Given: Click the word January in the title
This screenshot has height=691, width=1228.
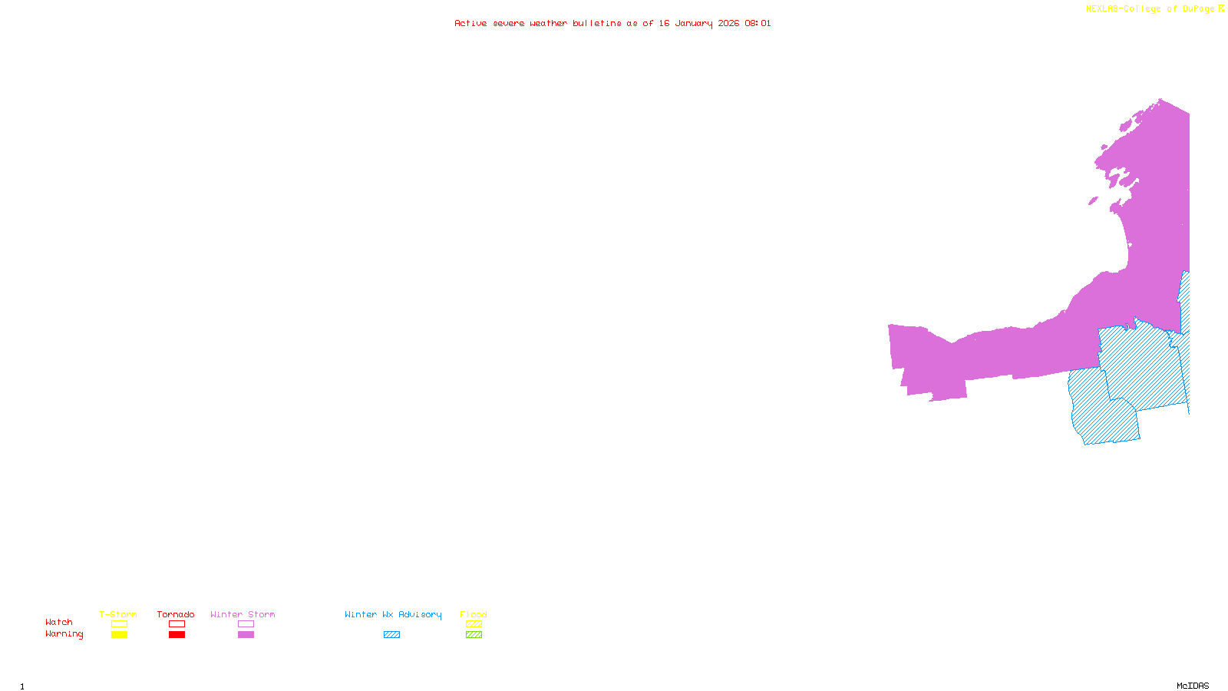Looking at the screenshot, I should click(694, 24).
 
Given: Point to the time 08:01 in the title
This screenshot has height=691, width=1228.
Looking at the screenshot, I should click(758, 24).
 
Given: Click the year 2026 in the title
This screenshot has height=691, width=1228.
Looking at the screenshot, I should click(728, 24).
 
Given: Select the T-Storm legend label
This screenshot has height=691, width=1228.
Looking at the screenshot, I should click(118, 614).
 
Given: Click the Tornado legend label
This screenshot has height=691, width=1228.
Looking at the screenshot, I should click(176, 614).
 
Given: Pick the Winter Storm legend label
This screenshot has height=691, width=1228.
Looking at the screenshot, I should click(243, 614).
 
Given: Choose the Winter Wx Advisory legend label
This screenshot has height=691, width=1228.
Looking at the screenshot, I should click(393, 614).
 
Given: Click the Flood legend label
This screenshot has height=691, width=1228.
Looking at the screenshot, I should click(474, 614).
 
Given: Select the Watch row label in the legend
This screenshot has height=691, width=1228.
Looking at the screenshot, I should click(59, 622).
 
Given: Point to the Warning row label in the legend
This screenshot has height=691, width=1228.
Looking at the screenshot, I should click(64, 634).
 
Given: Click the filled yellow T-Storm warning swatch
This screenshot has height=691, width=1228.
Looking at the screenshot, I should click(119, 635).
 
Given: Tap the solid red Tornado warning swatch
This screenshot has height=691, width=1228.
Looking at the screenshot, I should click(177, 635).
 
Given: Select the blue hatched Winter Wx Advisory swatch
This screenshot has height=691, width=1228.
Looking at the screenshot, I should click(391, 635).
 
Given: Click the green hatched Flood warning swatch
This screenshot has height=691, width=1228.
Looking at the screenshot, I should click(474, 635).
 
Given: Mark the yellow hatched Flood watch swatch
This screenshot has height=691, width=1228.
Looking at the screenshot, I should click(474, 624).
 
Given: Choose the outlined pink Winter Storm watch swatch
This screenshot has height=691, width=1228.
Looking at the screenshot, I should click(246, 624).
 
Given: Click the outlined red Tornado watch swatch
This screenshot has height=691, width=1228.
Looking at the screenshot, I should click(177, 624).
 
